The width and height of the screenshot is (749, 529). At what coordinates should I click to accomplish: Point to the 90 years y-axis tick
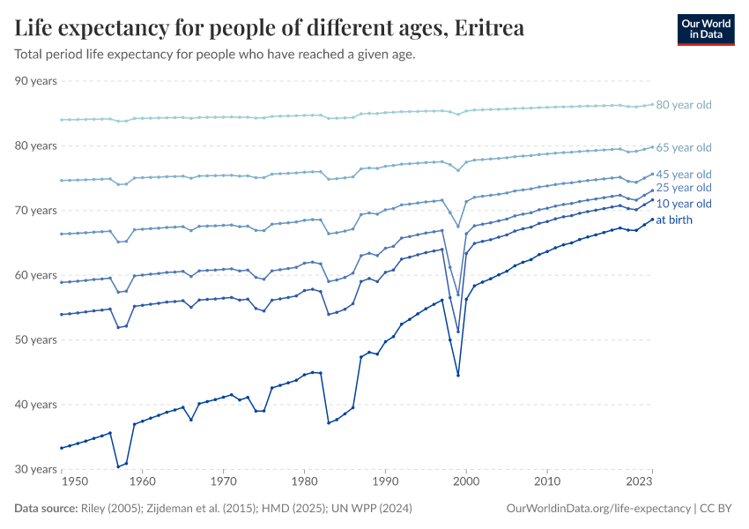[x=35, y=81]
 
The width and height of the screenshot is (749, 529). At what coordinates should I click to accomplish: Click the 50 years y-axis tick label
[x=35, y=340]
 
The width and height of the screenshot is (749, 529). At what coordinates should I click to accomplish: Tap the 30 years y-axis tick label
[x=35, y=470]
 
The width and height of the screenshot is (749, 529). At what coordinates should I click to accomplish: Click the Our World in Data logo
[x=705, y=29]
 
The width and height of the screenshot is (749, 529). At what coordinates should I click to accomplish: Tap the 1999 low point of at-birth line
[x=458, y=376]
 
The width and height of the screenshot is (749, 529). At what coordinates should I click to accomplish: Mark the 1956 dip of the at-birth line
[x=118, y=466]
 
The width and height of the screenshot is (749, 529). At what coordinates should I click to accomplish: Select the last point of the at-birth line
[x=652, y=220]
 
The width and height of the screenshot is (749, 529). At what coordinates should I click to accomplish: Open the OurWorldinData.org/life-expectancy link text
[x=599, y=509]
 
